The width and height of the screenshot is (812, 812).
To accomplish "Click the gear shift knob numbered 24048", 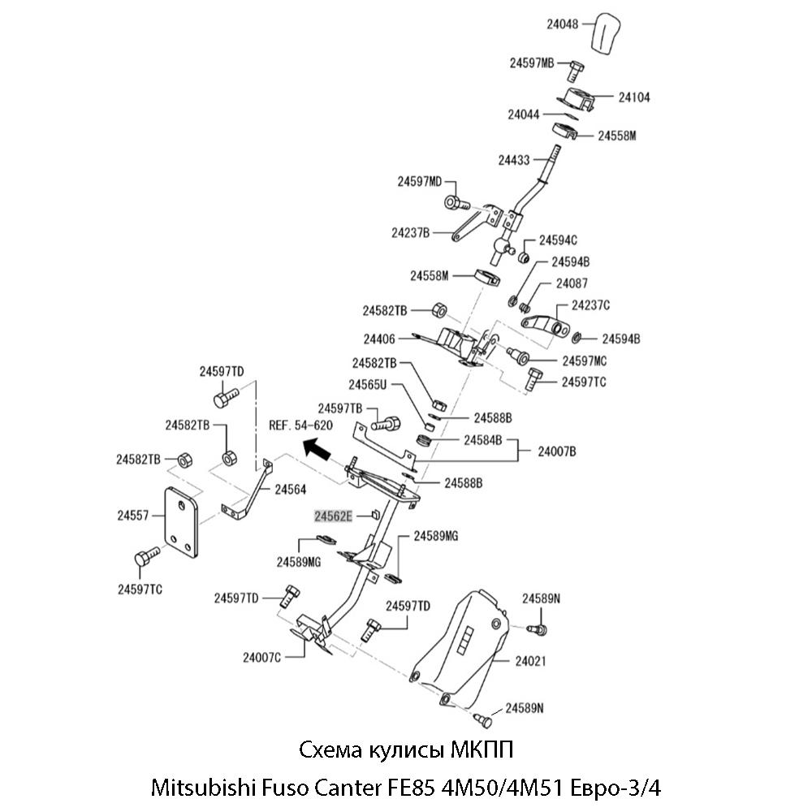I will tap(611, 35).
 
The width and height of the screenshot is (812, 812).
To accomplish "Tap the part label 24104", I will tap(633, 97).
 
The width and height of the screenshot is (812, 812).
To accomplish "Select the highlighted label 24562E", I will tap(334, 516).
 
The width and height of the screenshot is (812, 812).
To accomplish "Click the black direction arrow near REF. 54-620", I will tap(316, 448).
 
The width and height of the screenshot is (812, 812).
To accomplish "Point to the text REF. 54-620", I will tap(300, 425).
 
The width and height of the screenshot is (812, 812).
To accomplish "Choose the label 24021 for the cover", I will tap(530, 661).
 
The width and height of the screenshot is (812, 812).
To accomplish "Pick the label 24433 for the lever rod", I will tap(516, 160).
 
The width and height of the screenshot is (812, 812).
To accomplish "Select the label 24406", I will tap(380, 339).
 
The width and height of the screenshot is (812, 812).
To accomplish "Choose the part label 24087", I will tap(572, 283).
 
